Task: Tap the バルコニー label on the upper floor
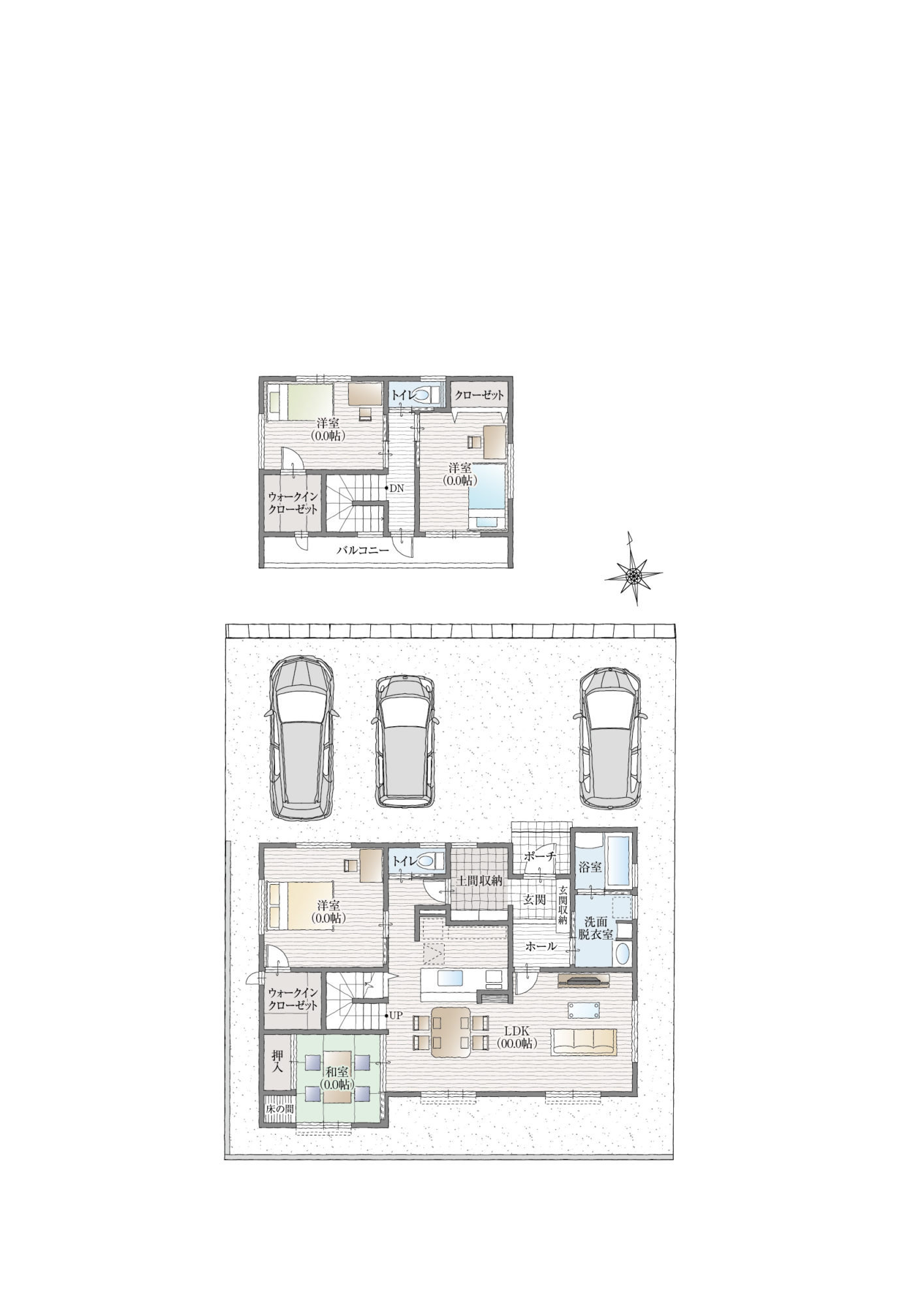[x=362, y=550]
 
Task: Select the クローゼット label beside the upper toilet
[x=479, y=395]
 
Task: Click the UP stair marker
[x=396, y=1033]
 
